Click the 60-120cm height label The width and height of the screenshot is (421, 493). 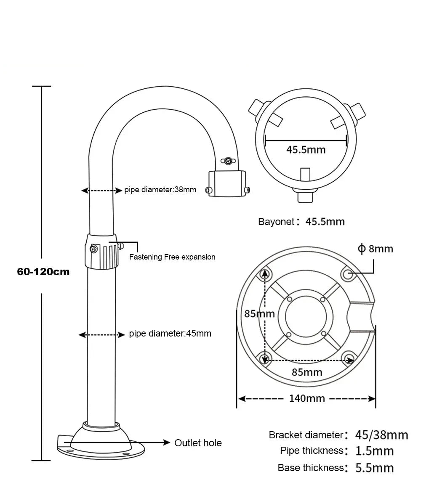43,272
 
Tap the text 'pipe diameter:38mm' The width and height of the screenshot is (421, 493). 160,190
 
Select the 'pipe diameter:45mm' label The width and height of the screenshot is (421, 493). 170,334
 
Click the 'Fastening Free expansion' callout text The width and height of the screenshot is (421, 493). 172,257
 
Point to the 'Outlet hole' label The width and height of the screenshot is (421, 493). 198,443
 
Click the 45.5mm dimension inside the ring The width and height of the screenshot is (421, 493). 306,149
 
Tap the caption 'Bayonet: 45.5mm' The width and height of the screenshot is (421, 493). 301,222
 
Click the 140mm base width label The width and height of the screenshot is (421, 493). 306,398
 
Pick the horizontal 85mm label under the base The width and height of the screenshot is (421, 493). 307,372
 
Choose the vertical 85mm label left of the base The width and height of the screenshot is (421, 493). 259,313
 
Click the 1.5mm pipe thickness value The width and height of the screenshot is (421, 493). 375,451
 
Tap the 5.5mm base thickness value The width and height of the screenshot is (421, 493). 375,468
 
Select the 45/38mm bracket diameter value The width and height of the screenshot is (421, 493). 381,435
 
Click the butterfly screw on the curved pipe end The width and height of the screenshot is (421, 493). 228,160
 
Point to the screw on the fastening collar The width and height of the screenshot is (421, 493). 93,249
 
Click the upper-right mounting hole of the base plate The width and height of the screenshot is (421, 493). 348,274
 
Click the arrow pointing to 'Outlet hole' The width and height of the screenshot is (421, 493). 164,443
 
